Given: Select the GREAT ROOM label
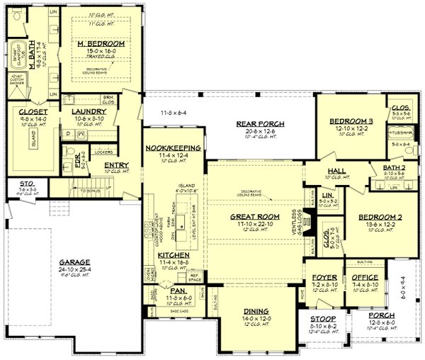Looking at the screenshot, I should pyautogui.click(x=256, y=217).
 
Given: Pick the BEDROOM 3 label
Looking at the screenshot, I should pyautogui.click(x=351, y=121).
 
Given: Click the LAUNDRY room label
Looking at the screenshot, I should pyautogui.click(x=89, y=111).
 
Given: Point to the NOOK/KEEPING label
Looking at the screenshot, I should pyautogui.click(x=174, y=147).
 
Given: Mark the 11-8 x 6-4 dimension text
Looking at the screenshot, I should pyautogui.click(x=174, y=113).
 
